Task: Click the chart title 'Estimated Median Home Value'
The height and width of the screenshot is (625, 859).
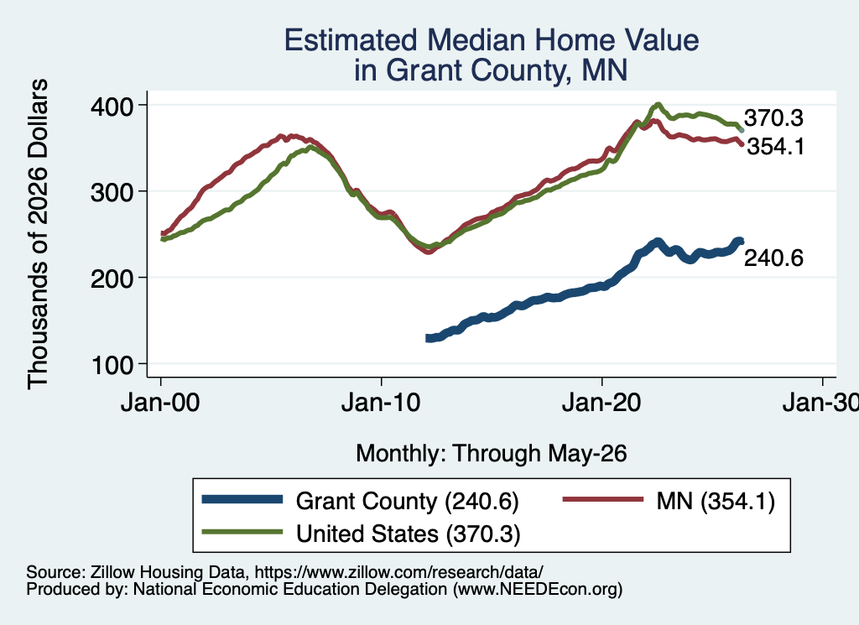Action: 492,40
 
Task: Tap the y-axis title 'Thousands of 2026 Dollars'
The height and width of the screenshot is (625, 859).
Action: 38,234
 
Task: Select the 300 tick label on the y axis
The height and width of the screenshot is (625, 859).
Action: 112,192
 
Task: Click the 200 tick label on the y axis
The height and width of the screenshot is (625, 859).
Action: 112,279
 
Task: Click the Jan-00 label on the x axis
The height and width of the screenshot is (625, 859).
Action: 160,404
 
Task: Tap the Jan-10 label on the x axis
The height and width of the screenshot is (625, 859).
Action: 381,404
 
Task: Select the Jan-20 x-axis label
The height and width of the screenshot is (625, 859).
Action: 601,404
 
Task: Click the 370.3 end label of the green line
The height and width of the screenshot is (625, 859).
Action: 773,117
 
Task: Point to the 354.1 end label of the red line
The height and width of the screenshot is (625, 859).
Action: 776,147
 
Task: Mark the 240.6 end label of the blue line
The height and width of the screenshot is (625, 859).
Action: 773,258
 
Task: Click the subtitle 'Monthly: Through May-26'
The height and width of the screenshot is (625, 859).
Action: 492,454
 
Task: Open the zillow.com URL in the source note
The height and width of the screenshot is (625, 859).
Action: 398,572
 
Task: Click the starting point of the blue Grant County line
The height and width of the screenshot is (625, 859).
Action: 428,339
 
